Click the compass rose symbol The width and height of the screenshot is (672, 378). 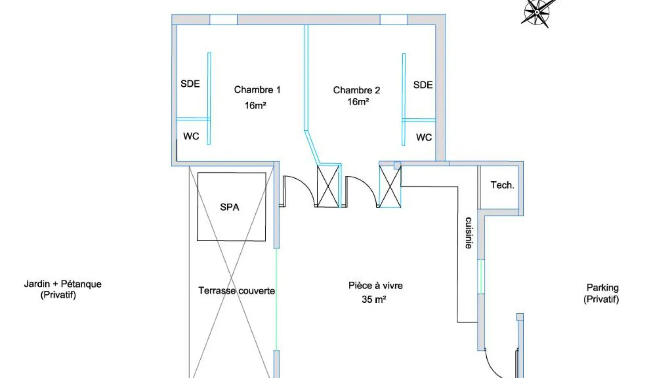click(x=537, y=12)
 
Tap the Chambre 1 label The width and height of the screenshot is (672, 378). click(x=257, y=90)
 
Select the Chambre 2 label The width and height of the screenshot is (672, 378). click(x=356, y=90)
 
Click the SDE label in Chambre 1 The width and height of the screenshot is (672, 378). click(x=190, y=84)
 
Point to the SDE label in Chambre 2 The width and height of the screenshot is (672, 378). click(x=423, y=85)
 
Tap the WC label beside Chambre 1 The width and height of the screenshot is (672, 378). click(x=191, y=136)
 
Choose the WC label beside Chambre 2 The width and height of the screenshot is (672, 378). click(x=424, y=138)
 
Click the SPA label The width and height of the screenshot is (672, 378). click(x=230, y=207)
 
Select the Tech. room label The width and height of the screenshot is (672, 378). click(x=503, y=185)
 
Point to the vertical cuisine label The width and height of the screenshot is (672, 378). click(x=469, y=233)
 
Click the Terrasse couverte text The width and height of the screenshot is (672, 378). click(x=236, y=291)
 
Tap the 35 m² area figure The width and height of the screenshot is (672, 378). click(x=374, y=300)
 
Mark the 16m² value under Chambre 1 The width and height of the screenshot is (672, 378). click(x=255, y=106)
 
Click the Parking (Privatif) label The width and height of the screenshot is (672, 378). click(x=602, y=294)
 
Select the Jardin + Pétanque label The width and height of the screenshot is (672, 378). click(x=62, y=289)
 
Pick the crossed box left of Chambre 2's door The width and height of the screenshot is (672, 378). click(x=328, y=187)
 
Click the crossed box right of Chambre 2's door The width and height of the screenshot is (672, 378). click(x=390, y=187)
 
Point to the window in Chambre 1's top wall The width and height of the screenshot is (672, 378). click(x=223, y=20)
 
